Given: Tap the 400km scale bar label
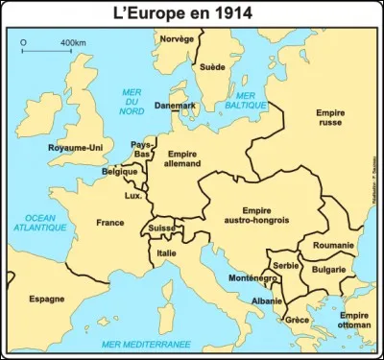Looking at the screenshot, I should [72, 43].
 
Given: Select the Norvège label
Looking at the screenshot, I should [176, 38].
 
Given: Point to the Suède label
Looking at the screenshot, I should [210, 67].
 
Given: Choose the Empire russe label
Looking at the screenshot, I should [330, 119].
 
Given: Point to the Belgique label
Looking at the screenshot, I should [120, 172].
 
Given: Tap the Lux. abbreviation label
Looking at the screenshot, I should [132, 196].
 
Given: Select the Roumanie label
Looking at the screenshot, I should [333, 246].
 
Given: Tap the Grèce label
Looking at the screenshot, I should [298, 321].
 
